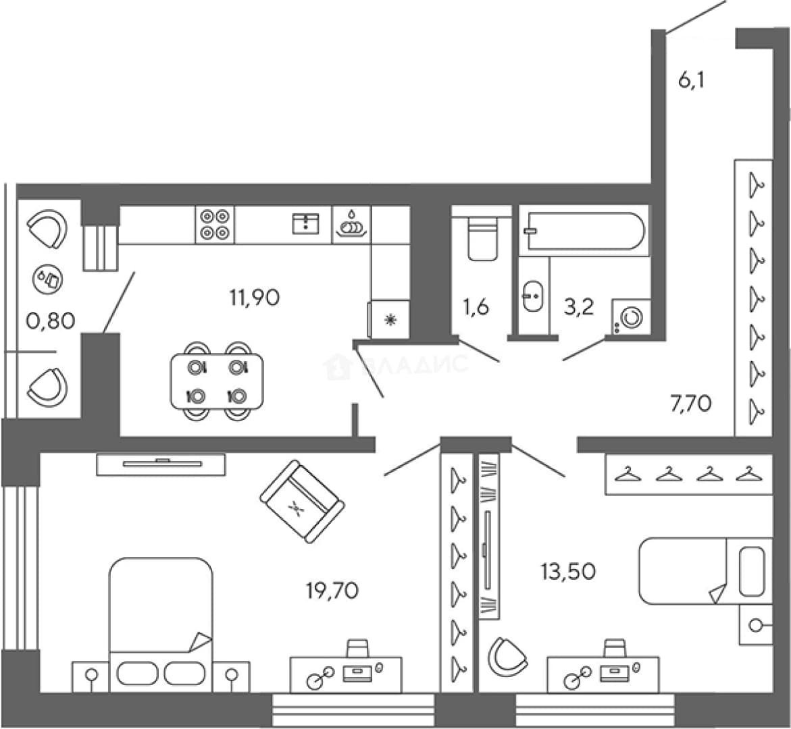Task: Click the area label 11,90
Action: tap(254, 298)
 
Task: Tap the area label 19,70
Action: tap(332, 590)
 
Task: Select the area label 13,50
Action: tap(568, 572)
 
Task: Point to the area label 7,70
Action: tap(690, 404)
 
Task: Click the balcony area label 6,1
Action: tap(691, 80)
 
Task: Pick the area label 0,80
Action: tap(51, 320)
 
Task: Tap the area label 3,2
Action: tap(579, 306)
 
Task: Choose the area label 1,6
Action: tap(476, 306)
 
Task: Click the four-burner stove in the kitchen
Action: tap(215, 224)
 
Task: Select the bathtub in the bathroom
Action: tap(584, 231)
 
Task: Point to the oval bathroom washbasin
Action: tap(532, 296)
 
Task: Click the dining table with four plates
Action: tap(217, 381)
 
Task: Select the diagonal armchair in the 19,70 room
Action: tap(302, 502)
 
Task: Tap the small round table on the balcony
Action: tap(48, 279)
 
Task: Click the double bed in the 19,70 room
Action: tap(161, 624)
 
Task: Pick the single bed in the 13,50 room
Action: tap(706, 570)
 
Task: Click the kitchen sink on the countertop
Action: tap(306, 224)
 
